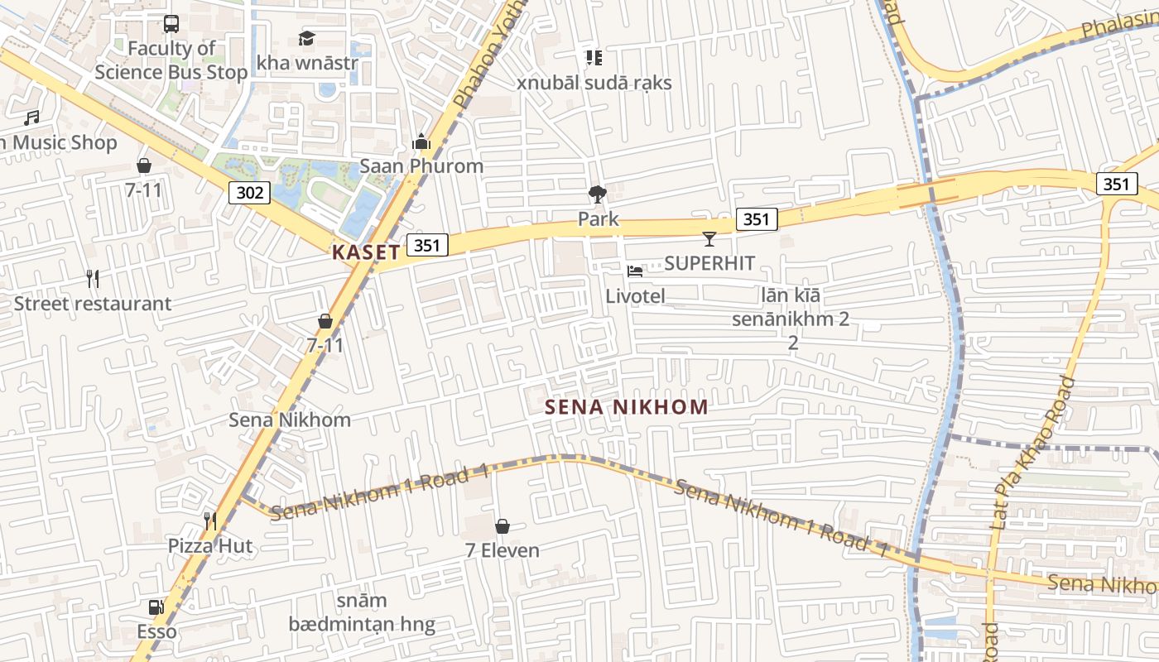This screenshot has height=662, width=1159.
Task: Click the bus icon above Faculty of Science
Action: pos(171,24)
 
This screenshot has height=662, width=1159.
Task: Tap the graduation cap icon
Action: pos(307,38)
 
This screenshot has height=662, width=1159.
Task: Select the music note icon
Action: pos(31,118)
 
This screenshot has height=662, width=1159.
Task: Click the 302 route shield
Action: pos(249,193)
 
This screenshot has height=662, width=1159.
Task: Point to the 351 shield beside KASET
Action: pos(426,245)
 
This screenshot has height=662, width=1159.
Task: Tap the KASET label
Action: pos(366,252)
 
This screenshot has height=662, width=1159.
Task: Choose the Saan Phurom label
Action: pos(421,166)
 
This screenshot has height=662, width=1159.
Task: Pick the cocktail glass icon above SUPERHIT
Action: pos(709,239)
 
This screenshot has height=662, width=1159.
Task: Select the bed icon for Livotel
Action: pos(635,271)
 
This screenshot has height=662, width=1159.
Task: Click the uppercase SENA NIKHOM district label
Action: pos(627,407)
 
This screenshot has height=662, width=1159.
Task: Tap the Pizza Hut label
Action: pos(210,546)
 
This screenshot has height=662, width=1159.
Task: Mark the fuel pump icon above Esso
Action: pos(156,608)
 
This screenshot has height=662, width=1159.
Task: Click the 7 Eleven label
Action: pos(502,550)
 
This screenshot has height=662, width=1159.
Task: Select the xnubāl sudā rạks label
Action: pos(594,83)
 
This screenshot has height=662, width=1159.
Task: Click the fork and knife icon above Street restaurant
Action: pos(93,279)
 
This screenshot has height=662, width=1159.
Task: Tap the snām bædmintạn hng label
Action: pos(362,612)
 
